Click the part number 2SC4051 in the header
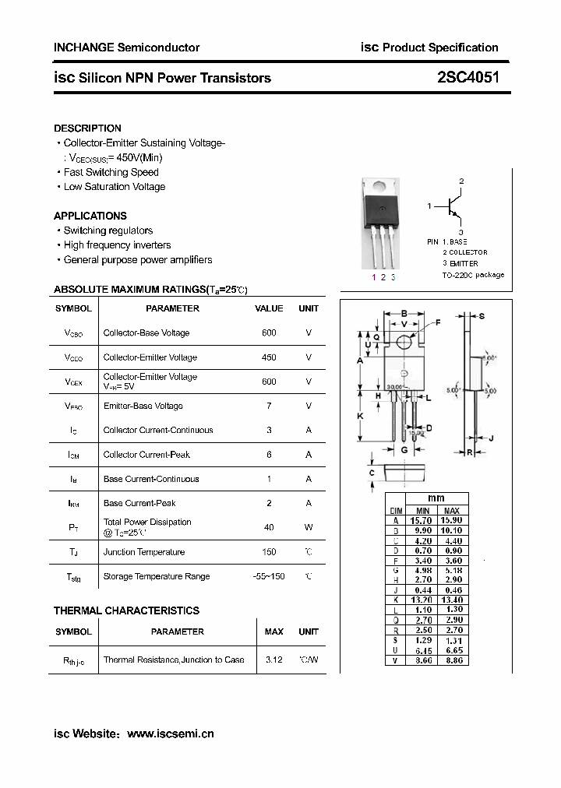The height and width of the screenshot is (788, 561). [468, 77]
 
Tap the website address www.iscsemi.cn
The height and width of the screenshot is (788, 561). [170, 733]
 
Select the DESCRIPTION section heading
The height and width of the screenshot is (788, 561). [87, 128]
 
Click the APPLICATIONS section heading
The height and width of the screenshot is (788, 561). [90, 216]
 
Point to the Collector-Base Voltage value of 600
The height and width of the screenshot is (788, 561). [269, 332]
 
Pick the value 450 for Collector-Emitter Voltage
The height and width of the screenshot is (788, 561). [269, 357]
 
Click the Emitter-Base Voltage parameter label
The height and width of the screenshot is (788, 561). [143, 406]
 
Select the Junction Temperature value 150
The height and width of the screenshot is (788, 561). [269, 552]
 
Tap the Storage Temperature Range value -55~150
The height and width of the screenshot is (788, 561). [269, 576]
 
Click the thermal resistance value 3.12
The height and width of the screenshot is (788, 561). [273, 660]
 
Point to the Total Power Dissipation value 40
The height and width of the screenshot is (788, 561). [269, 527]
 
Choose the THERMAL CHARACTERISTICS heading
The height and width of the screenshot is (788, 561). [126, 610]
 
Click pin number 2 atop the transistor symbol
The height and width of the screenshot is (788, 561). [461, 181]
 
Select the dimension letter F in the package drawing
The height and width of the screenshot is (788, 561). [437, 322]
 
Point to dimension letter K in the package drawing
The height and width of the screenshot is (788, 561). [360, 417]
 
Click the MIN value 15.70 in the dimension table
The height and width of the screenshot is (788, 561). [422, 520]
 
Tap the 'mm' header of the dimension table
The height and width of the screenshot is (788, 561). [436, 498]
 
